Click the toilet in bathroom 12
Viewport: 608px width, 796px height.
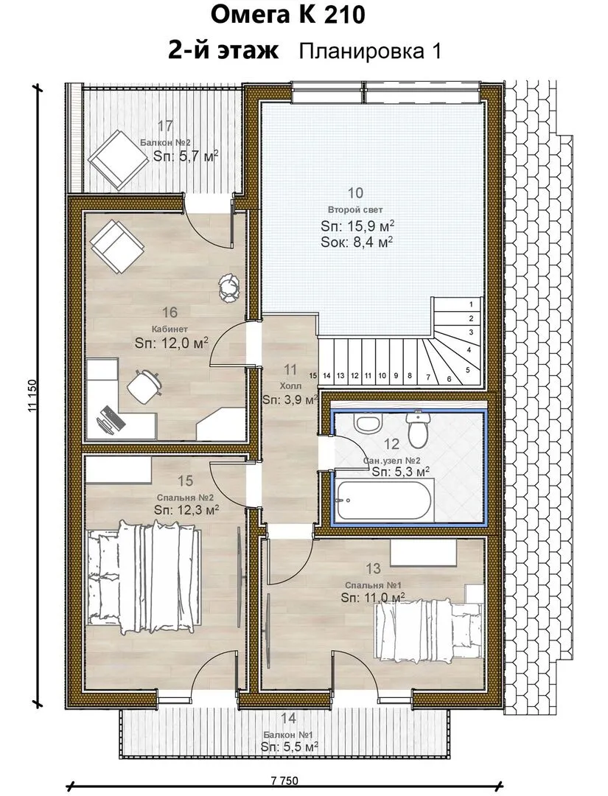coord(418,430)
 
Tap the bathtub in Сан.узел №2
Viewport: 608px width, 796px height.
coord(385,500)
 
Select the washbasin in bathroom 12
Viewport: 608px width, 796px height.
coord(368,423)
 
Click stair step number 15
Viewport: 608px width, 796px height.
coord(312,376)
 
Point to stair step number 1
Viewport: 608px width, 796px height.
coord(472,304)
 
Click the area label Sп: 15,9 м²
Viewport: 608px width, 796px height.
coord(357,226)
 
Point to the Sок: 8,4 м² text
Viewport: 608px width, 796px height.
coord(357,242)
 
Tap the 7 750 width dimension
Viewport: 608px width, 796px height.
coord(284,781)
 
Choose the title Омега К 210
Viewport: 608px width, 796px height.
coord(287,15)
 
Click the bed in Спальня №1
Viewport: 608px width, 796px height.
coord(428,624)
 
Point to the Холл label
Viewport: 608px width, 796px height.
coord(290,387)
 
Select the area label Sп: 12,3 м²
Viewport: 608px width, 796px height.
coord(186,509)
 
